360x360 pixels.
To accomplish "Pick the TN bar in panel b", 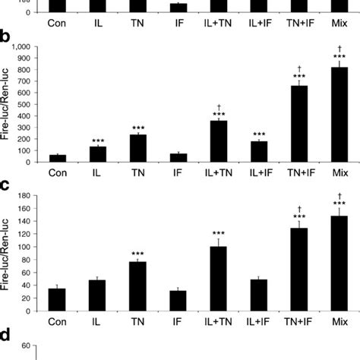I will tap(138, 148).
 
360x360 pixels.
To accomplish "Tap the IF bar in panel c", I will tap(178, 302).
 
